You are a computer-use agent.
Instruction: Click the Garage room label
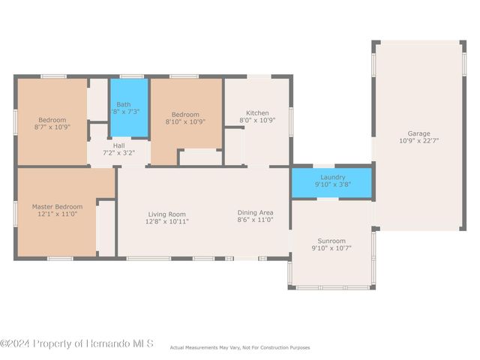[x=419, y=133]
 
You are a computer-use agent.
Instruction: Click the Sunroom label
[x=331, y=240]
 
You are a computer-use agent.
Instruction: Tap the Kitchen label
[x=257, y=113]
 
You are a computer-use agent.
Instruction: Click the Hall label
[x=118, y=145]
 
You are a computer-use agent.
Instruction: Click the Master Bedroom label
[x=57, y=206]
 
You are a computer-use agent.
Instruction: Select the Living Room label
[x=166, y=214]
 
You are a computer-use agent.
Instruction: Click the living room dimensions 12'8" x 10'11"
[x=166, y=221]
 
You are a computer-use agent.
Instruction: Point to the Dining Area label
[x=256, y=212]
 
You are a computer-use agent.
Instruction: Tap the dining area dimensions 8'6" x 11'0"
[x=256, y=220]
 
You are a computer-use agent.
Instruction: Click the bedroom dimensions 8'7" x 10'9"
[x=52, y=127]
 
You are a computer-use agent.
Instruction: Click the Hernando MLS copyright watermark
[x=77, y=343]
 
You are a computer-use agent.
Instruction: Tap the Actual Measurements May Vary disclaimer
[x=240, y=347]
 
